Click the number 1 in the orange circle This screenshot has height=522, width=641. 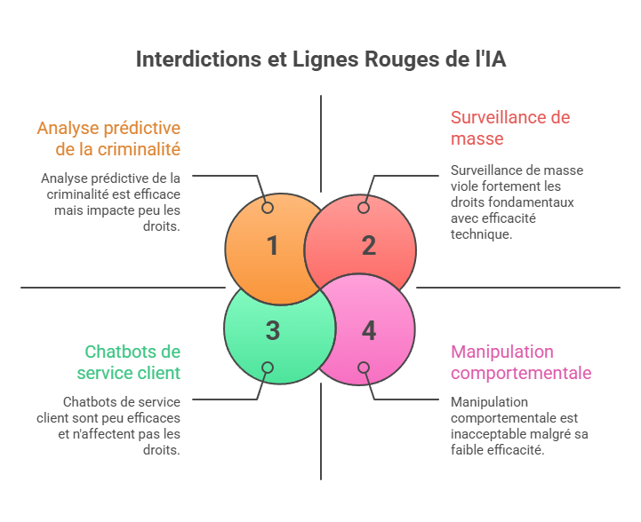coord(273,246)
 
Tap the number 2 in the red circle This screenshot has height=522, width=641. coord(369,246)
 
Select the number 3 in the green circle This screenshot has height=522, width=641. coord(273,331)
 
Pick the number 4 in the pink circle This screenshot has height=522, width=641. coord(369,331)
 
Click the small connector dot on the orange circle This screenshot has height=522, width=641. coord(268,208)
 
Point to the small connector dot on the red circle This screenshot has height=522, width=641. coord(364,208)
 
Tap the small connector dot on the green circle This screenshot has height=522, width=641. coord(268,368)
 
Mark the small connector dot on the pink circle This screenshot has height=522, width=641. coord(364,368)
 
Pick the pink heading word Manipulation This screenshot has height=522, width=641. coord(501,352)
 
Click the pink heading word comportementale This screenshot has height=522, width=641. coord(521,373)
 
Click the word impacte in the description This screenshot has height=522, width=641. coord(103,210)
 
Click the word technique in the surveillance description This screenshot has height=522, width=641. coord(481,234)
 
